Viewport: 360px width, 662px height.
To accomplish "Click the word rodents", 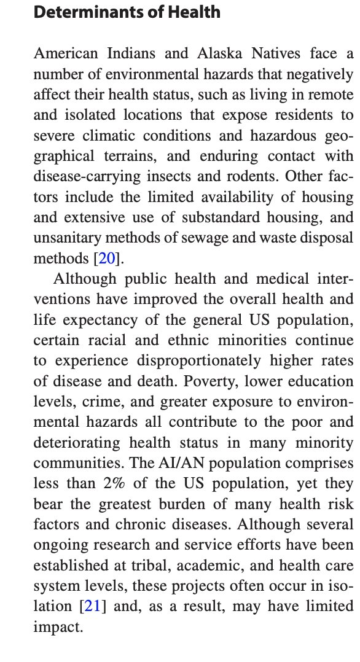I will [x=257, y=177].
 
